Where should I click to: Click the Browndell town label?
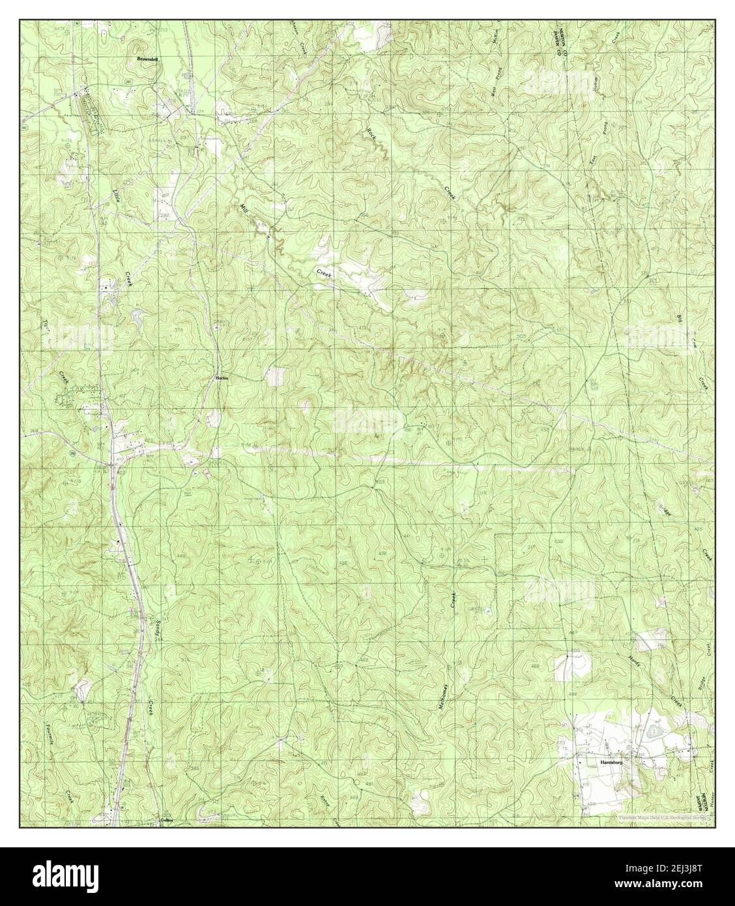click(147, 59)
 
